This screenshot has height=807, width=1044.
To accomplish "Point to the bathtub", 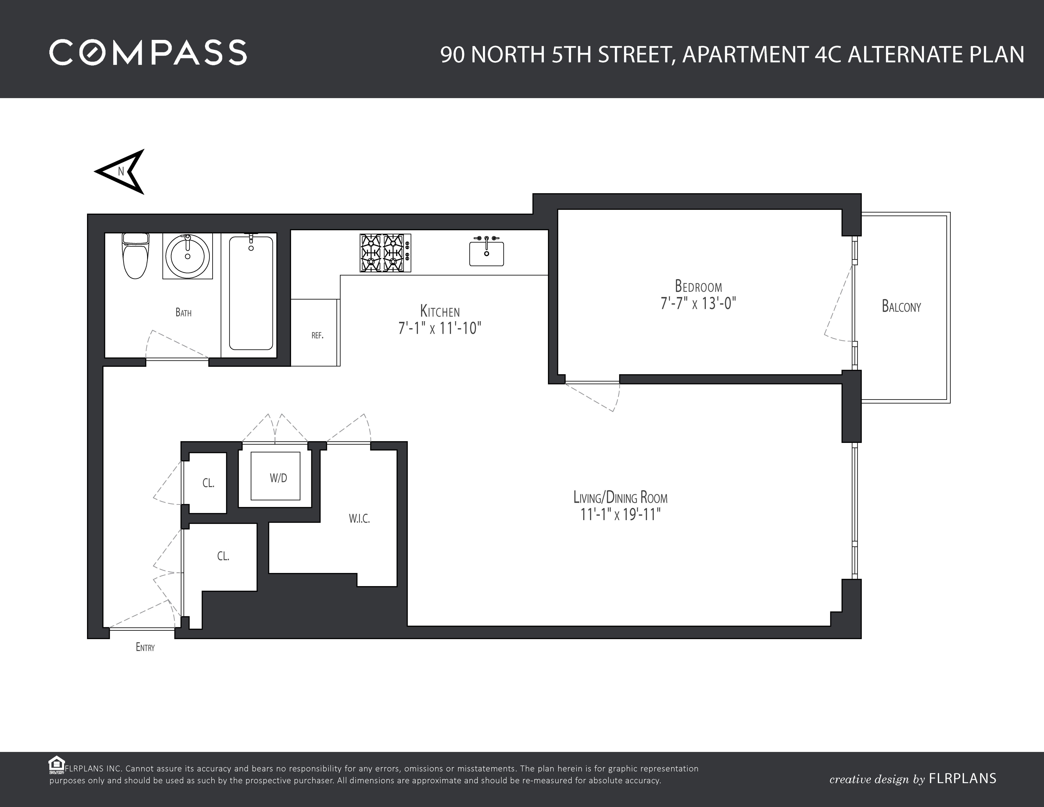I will pyautogui.click(x=251, y=292).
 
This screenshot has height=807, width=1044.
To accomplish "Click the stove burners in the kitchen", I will pyautogui.click(x=385, y=253).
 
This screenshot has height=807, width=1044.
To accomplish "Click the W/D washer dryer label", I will pyautogui.click(x=278, y=478).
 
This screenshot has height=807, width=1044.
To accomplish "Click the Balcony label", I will pyautogui.click(x=901, y=307).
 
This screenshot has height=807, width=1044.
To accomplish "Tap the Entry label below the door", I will pyautogui.click(x=145, y=647).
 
